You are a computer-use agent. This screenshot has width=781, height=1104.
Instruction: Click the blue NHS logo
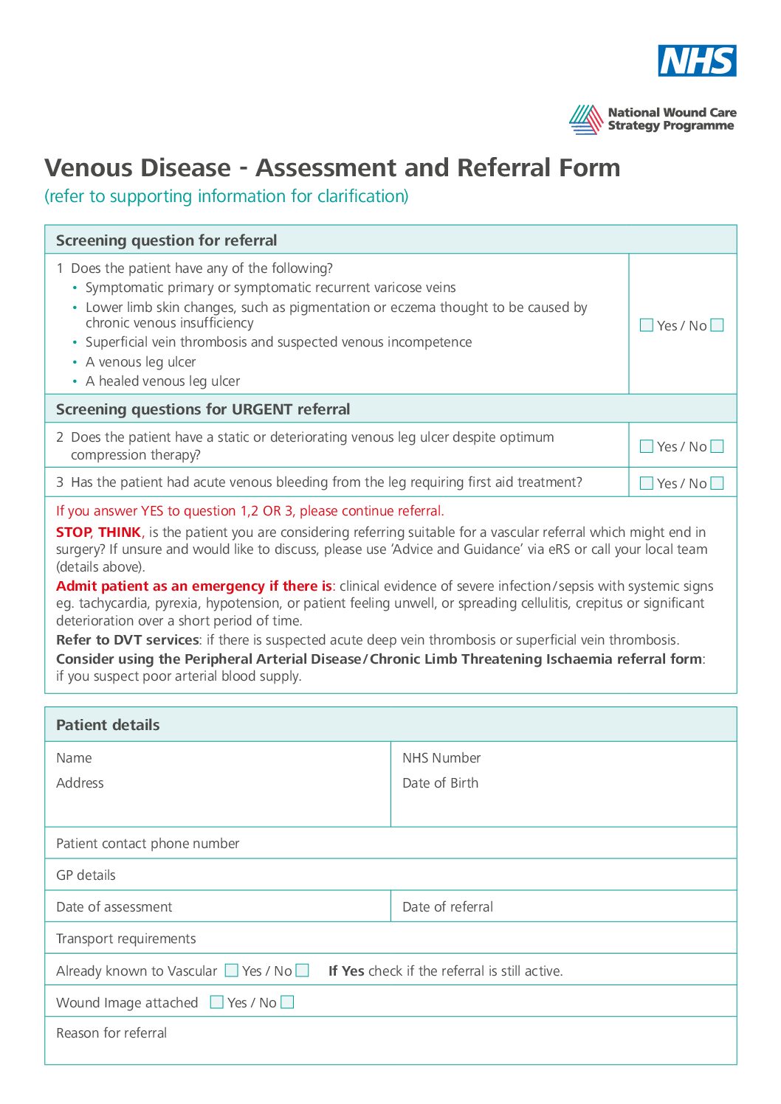pos(697,60)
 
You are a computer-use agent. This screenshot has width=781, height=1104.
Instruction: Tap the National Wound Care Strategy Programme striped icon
pos(586,119)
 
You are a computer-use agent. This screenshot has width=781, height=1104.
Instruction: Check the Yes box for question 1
pos(647,325)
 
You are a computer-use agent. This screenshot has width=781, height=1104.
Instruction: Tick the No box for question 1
pos(717,325)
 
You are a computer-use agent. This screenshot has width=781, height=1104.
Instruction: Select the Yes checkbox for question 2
pos(647,446)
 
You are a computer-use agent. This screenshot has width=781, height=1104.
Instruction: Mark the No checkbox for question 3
pos(717,483)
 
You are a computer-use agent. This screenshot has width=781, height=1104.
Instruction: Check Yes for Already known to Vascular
pos(232,971)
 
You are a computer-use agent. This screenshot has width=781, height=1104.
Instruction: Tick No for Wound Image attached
pos(288,1002)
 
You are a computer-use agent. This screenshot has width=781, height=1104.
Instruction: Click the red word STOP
pos(74,532)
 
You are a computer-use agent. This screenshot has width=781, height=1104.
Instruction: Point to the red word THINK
pos(120,532)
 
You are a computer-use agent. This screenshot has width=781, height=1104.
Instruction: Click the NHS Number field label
pos(441,758)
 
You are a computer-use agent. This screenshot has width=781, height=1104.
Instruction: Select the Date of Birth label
pos(440,783)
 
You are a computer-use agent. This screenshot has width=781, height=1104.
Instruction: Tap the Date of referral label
pos(447,907)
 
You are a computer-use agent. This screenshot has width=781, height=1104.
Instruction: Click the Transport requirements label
pos(126,939)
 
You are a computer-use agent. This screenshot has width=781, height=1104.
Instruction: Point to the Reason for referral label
pos(111,1033)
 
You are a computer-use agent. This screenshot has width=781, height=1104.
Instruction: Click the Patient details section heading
pos(108,725)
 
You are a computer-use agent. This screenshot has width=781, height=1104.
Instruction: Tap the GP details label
pos(86,875)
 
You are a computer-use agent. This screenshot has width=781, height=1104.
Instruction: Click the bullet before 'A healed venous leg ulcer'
pos(75,382)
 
